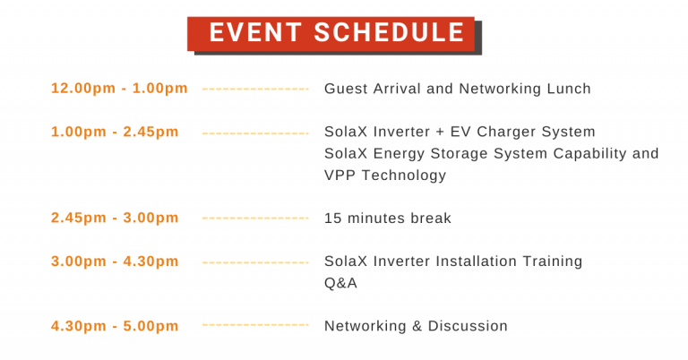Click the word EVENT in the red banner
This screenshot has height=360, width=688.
click(255, 32)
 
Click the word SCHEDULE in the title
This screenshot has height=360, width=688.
click(389, 32)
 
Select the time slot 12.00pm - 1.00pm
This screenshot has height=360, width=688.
click(119, 88)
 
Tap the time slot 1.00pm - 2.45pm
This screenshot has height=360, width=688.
click(115, 132)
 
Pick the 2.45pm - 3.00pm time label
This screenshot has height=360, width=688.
click(115, 218)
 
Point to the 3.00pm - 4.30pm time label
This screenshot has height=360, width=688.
click(115, 261)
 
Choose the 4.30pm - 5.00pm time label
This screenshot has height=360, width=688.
click(115, 326)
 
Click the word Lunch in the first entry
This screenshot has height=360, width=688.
click(569, 89)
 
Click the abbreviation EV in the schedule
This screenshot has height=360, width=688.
click(460, 132)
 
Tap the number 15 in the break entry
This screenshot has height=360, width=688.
click(332, 218)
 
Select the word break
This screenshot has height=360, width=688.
click(431, 218)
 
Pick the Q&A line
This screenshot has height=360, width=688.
click(340, 283)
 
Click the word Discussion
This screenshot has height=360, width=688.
click(468, 326)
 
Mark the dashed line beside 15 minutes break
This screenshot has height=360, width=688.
click(255, 218)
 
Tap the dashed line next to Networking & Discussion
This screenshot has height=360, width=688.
click(255, 325)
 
